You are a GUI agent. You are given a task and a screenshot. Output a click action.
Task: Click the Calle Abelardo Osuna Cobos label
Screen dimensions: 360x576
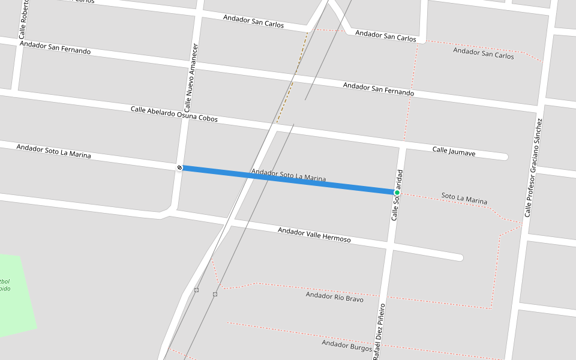tap(174, 114)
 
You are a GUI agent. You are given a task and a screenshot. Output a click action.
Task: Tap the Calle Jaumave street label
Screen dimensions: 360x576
tap(454, 152)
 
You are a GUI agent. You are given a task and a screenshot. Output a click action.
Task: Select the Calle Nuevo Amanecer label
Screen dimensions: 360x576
tap(191, 78)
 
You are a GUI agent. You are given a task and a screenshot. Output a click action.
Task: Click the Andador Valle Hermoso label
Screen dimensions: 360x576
tap(314, 235)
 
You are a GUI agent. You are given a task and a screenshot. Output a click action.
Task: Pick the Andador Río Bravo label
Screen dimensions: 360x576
tap(334, 296)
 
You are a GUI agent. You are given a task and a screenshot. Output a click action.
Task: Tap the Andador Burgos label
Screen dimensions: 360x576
tap(347, 346)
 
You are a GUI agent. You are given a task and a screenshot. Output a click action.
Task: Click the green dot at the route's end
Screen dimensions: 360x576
tap(397, 193)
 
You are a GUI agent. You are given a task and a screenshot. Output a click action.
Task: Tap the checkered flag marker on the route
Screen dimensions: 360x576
tap(179, 167)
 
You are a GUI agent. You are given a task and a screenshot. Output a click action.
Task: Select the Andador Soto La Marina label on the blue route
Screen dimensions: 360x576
tap(289, 175)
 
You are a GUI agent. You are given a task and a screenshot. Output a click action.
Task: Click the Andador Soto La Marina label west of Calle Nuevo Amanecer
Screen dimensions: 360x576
tap(54, 151)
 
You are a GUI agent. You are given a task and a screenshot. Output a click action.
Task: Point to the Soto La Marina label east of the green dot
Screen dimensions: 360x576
tap(464, 198)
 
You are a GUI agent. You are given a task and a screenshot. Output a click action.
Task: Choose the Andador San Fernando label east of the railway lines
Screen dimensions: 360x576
tap(378, 89)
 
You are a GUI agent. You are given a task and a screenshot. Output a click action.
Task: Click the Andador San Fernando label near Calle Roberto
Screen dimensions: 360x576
tap(55, 47)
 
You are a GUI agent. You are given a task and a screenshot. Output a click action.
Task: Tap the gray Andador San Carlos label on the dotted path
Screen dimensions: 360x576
tap(483, 53)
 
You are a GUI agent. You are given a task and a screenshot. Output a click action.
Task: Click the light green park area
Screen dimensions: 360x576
tap(15, 294)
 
